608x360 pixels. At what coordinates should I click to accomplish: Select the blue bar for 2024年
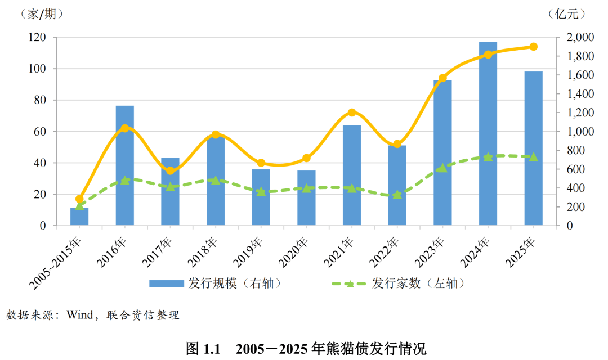[x=488, y=135]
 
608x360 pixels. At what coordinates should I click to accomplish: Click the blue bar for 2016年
[x=125, y=166]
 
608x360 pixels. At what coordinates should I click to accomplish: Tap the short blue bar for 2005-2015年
[x=79, y=217]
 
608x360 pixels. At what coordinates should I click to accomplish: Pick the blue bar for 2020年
[x=307, y=198]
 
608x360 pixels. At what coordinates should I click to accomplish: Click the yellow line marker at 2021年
[x=352, y=112]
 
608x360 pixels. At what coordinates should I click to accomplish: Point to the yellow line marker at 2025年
[x=533, y=47]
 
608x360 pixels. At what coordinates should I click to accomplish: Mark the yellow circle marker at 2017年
[x=171, y=170]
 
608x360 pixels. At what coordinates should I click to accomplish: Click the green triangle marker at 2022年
[x=397, y=195]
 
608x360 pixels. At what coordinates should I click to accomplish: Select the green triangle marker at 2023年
[x=442, y=168]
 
